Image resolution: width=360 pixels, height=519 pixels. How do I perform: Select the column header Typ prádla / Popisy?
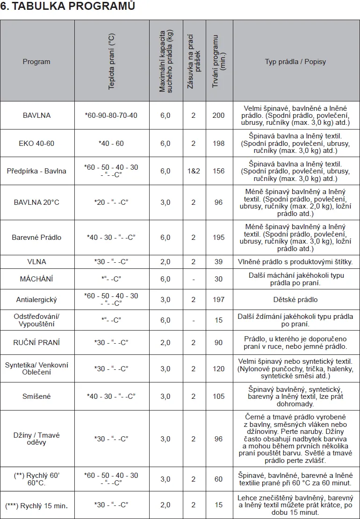295,62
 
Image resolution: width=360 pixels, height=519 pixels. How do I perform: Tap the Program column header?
36,62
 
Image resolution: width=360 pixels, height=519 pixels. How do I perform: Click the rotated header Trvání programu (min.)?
219,61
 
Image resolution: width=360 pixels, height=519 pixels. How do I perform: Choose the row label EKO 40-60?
36,143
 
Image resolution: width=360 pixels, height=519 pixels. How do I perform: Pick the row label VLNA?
36,262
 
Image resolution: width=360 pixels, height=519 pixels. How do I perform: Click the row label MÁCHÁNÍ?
36,279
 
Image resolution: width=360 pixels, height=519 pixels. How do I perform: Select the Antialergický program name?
36,300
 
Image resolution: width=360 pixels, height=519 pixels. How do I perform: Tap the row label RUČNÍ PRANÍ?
36,342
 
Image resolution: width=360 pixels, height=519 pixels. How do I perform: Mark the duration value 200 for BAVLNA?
218,115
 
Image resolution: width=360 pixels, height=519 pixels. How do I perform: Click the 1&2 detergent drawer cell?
193,171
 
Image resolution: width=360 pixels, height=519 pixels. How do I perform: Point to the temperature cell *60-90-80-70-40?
111,115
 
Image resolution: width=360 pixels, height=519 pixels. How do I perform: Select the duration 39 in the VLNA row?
218,262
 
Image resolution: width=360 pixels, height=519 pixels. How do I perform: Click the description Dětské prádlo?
295,300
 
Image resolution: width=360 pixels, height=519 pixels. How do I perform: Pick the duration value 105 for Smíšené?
218,396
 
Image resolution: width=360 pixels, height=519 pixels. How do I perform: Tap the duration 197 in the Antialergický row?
218,300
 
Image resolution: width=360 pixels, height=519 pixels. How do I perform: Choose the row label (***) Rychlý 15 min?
36,505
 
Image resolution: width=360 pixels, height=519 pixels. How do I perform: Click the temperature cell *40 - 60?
111,143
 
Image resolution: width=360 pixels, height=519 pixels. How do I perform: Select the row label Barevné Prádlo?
36,237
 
